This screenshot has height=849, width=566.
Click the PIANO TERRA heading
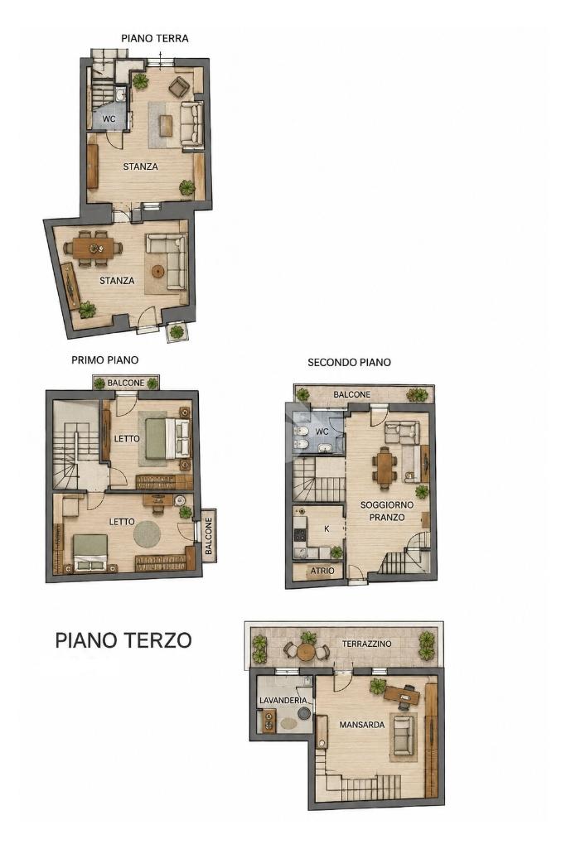coord(155,38)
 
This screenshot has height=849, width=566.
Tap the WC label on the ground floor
coord(109,118)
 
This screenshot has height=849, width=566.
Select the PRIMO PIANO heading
coord(105,360)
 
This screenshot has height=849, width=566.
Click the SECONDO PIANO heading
coord(350,362)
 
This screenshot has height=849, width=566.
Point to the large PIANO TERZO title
coord(123,640)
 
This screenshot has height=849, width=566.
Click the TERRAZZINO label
coord(366,644)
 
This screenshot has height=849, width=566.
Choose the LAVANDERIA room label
coord(283,701)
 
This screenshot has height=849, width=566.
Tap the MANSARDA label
coord(362,725)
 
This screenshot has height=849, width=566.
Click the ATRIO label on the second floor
coord(322,571)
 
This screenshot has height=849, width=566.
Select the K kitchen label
coord(327,529)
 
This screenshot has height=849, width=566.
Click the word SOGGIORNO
coord(387,504)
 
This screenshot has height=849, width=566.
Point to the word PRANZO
coord(387,517)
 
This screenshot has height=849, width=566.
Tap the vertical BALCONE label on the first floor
coord(209,536)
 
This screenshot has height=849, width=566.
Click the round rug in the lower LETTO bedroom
coord(147,534)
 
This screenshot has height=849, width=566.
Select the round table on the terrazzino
coord(307,651)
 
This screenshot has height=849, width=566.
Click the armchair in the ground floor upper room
coord(179,85)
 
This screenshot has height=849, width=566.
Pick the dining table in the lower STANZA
coord(93,248)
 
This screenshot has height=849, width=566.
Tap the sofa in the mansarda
coord(404,736)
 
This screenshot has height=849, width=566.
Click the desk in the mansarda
coord(402,695)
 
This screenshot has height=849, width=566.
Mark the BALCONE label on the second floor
coord(352,395)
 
